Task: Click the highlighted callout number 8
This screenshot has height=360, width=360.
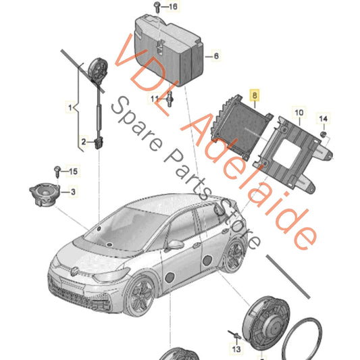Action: click(255, 95)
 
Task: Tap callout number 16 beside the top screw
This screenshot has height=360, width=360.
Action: click(173, 7)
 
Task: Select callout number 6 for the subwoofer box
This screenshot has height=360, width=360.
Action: click(216, 56)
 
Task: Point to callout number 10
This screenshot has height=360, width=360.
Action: click(299, 113)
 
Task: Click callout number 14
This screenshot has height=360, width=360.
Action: click(324, 119)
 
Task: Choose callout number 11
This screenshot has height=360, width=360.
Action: click(155, 99)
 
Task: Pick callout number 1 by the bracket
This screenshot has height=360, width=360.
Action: click(70, 107)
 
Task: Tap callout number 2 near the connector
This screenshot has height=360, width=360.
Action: click(84, 142)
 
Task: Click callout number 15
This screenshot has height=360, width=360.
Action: click(73, 172)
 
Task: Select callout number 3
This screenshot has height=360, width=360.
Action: click(73, 192)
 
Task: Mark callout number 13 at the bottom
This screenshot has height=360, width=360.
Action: click(236, 349)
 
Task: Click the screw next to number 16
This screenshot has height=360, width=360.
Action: click(157, 7)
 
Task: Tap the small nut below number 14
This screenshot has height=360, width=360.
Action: click(324, 134)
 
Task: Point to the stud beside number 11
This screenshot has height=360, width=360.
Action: click(170, 99)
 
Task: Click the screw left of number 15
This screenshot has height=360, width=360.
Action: click(57, 172)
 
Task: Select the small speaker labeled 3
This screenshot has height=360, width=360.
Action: click(45, 194)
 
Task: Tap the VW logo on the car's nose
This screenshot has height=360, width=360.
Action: click(74, 272)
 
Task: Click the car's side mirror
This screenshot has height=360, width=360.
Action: click(176, 245)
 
